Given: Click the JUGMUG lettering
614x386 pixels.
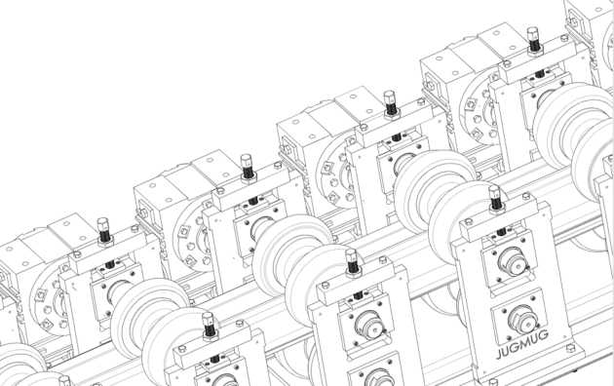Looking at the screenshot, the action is (522, 344).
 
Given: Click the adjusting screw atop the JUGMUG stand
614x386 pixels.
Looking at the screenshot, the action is (495, 200).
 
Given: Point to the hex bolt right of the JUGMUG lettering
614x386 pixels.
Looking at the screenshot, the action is (570, 347).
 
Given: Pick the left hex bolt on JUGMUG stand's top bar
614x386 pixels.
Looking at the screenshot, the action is (468, 221).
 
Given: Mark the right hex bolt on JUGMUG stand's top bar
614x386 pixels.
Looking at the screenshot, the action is (526, 196).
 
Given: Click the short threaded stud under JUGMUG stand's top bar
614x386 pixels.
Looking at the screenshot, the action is (502, 231).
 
